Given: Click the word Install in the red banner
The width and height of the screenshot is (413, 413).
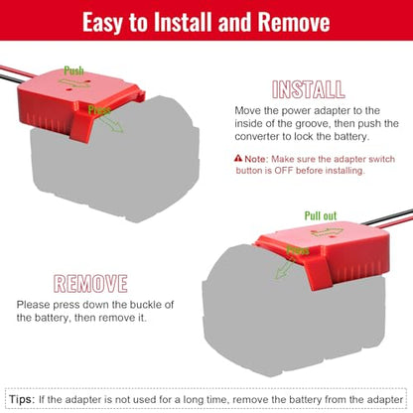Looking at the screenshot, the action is pos(183,23).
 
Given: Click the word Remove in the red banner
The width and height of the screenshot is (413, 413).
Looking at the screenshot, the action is pos(294,23).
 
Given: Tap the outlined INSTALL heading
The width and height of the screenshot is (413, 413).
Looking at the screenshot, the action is pos(309,89).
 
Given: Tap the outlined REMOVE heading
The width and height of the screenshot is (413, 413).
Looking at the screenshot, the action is pos(90,284).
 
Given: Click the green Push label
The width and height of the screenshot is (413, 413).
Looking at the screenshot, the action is pos(73,70).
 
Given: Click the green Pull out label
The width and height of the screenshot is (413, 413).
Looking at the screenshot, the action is pos(321,215).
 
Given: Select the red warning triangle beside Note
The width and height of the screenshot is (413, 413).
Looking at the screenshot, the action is pos(238,158).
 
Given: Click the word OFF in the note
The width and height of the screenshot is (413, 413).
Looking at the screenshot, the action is pos(283,171).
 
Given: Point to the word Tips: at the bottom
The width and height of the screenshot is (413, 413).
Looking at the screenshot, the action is pos(22,399).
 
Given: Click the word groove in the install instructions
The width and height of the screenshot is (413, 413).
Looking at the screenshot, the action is pos(313,123).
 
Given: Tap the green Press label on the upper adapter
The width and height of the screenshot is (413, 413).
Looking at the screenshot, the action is pos(99,110).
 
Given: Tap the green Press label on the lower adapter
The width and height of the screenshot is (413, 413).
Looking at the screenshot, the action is pos(298,250).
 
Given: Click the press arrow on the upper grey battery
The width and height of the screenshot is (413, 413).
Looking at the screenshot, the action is pos(111,124).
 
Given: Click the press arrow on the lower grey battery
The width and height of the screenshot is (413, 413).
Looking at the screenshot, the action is pos(284,269).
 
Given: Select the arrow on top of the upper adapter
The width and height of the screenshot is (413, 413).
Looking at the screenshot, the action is pos(73,83).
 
